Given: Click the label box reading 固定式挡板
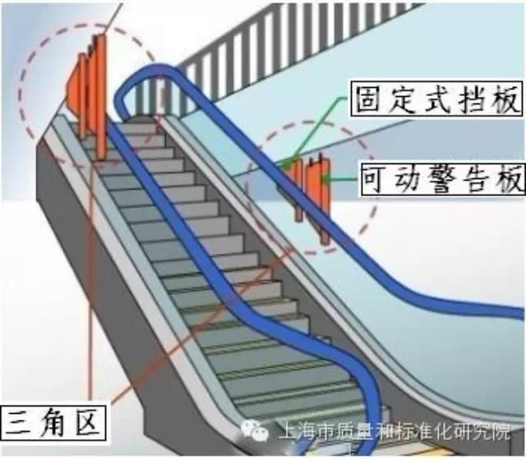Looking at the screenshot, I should click(436, 100).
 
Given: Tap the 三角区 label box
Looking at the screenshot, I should click(53, 424).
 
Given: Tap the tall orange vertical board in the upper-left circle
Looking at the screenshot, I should click(100, 94).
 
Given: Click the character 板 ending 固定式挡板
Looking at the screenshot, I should click(503, 100).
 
